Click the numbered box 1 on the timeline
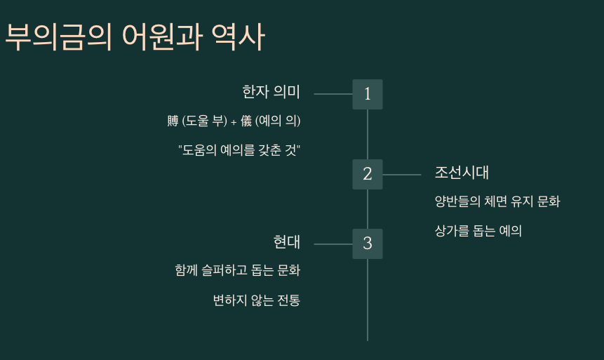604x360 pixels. pos(368,94)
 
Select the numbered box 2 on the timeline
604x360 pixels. pos(368,174)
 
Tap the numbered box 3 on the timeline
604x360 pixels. pos(368,244)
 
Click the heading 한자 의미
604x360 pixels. pos(271,92)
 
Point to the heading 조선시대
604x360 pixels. pos(462,173)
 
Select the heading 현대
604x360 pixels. pos(286,242)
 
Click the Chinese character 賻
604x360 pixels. pos(173,121)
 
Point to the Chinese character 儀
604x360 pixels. pos(246,121)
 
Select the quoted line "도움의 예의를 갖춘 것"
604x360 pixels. pos(239,150)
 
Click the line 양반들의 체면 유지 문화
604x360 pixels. pos(497,202)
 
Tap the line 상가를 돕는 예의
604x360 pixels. pos(478,231)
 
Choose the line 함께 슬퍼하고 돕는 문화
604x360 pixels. pos(237,270)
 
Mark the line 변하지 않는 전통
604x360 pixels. pos(256,300)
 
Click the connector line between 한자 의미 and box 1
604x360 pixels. pos(333,93)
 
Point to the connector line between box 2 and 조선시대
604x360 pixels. pos(402,174)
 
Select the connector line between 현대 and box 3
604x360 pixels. pos(333,244)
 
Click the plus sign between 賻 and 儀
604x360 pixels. pos(234,121)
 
